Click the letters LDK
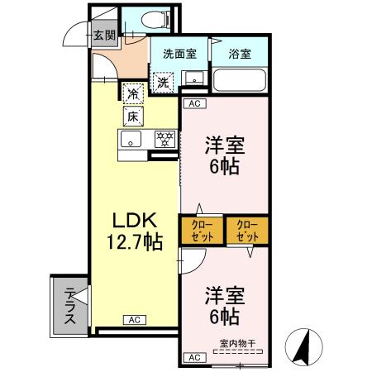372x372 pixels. pyautogui.click(x=132, y=220)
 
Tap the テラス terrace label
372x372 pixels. pyautogui.click(x=70, y=305)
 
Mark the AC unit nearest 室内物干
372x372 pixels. pyautogui.click(x=194, y=357)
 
